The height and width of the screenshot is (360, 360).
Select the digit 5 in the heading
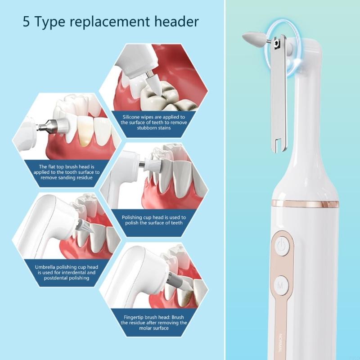point(27,22)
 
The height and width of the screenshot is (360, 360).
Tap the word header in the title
point(176,22)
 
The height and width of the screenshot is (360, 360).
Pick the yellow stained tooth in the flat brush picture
point(84,131)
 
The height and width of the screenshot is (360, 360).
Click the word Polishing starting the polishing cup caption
point(133,217)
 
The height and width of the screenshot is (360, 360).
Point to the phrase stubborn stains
point(153,128)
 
